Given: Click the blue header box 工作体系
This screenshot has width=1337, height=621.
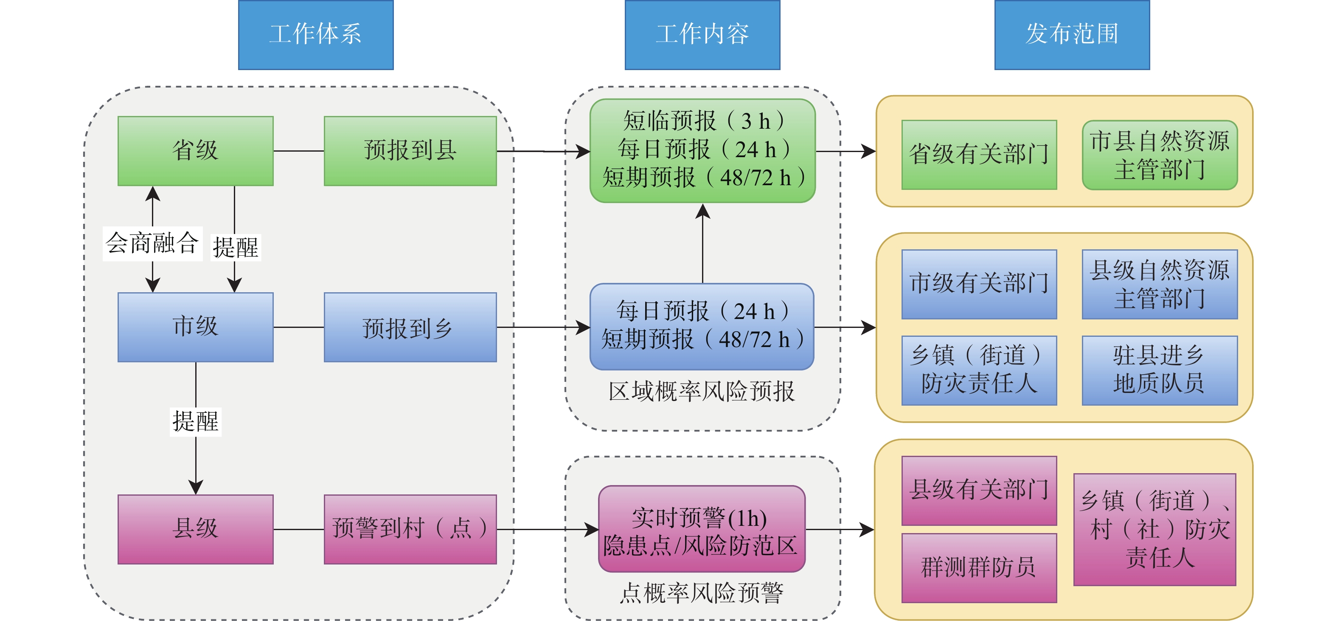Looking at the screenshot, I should pos(315,35).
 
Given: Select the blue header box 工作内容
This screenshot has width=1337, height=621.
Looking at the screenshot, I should pos(702,35).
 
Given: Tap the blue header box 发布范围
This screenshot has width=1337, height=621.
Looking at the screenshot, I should pos(1072,35).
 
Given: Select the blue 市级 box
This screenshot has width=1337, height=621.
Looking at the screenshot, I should pos(196,327).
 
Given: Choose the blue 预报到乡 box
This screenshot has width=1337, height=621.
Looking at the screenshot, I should pos(410,327).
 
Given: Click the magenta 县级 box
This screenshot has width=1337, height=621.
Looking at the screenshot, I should pos(196,529).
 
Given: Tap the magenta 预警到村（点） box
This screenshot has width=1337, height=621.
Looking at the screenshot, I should pos(410,529).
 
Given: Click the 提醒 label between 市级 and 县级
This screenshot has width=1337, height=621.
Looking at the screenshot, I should pos(196,421).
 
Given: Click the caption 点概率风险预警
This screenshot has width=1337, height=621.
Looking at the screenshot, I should pos(702,593).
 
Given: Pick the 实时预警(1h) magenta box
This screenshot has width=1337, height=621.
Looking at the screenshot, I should pos(702,529).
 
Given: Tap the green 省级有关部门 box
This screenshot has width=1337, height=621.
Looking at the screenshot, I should pos(979,155).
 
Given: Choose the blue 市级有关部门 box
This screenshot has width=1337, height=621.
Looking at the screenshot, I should pos(979,284).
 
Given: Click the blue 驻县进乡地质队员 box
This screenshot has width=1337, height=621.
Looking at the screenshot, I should pos(1160,370).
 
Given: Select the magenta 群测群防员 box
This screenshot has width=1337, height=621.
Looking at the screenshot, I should pos(979,568).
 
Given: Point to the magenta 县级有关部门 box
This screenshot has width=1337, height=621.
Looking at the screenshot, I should pos(979,491).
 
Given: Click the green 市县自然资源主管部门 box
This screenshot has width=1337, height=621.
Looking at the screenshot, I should pos(1160,155).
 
